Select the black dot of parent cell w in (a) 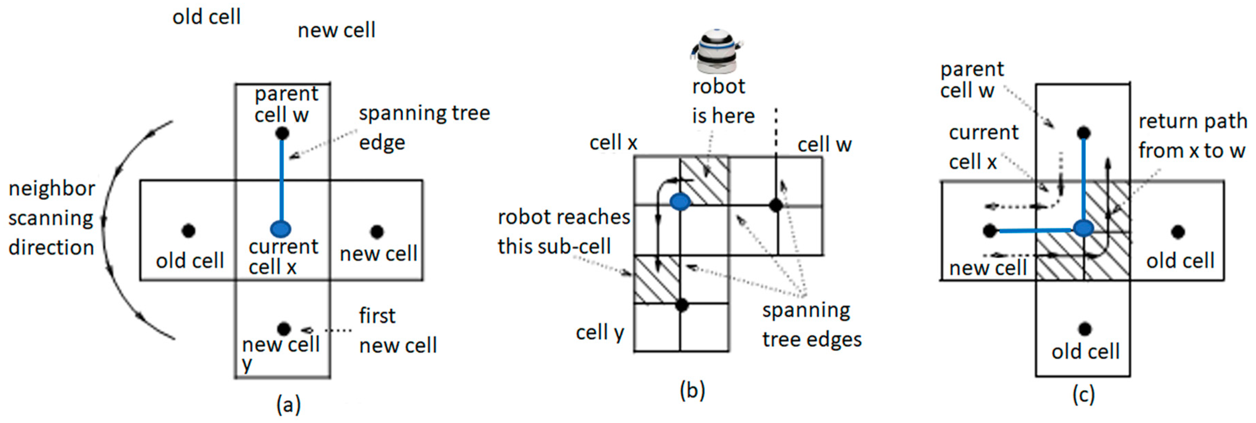point(282,133)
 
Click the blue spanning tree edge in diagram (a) point(281,180)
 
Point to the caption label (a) point(288,404)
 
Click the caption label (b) point(692,391)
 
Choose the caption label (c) point(1083,394)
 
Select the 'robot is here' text point(723,101)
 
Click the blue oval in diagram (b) point(680,201)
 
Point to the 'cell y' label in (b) point(600,333)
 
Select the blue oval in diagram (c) point(1083,228)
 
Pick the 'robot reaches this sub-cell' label point(563,231)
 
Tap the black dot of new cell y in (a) point(283,328)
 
